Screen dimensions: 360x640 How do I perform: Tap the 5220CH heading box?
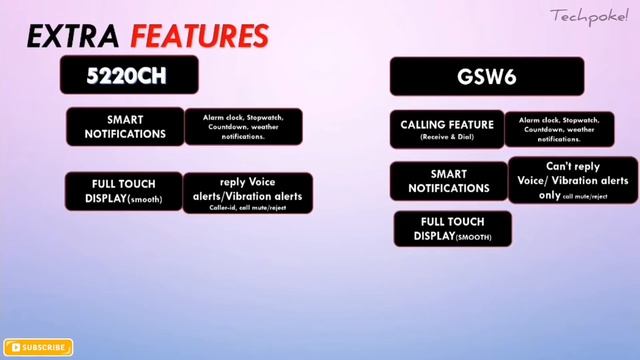(x=128, y=75)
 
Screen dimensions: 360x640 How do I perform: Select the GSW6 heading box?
(x=486, y=76)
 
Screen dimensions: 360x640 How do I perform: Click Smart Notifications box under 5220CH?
(x=125, y=126)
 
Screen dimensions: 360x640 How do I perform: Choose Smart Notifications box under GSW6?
(x=448, y=181)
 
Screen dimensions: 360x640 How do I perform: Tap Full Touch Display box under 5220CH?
(x=124, y=192)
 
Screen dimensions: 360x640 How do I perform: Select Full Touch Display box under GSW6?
(x=452, y=229)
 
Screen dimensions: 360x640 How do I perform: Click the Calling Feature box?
(x=447, y=129)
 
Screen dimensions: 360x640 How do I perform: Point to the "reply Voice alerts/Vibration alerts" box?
(x=247, y=193)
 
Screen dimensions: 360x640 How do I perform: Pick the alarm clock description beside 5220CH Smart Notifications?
(x=242, y=126)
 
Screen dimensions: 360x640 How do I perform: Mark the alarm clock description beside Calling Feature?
(x=558, y=129)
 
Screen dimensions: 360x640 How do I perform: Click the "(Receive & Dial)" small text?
(x=447, y=138)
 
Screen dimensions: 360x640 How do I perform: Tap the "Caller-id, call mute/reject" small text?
(x=247, y=207)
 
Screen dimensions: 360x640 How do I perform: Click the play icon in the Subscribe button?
(x=15, y=348)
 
